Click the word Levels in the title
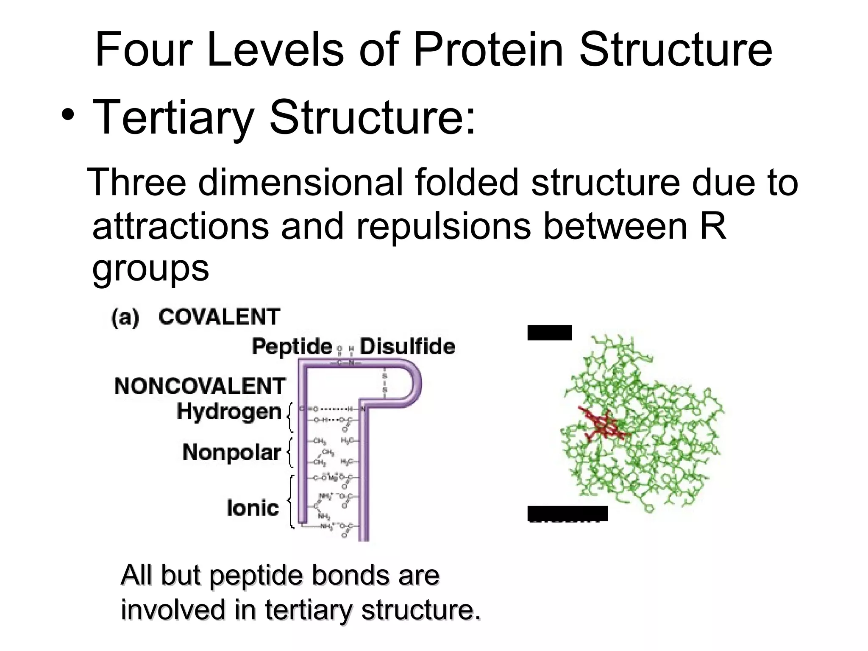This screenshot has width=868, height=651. point(275,50)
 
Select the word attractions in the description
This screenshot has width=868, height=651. point(181,226)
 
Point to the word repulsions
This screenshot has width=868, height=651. point(443,226)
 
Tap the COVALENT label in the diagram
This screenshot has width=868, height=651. point(219,317)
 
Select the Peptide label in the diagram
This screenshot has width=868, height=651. point(292,347)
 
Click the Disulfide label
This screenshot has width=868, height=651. point(407,347)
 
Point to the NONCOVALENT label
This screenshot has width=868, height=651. point(200,386)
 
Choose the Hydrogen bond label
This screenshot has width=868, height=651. point(229,412)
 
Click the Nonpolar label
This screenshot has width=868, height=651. point(231,452)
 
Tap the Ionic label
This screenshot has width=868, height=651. point(253,508)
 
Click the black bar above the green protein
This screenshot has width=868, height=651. point(549,333)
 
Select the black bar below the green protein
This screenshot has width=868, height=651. point(568,513)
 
